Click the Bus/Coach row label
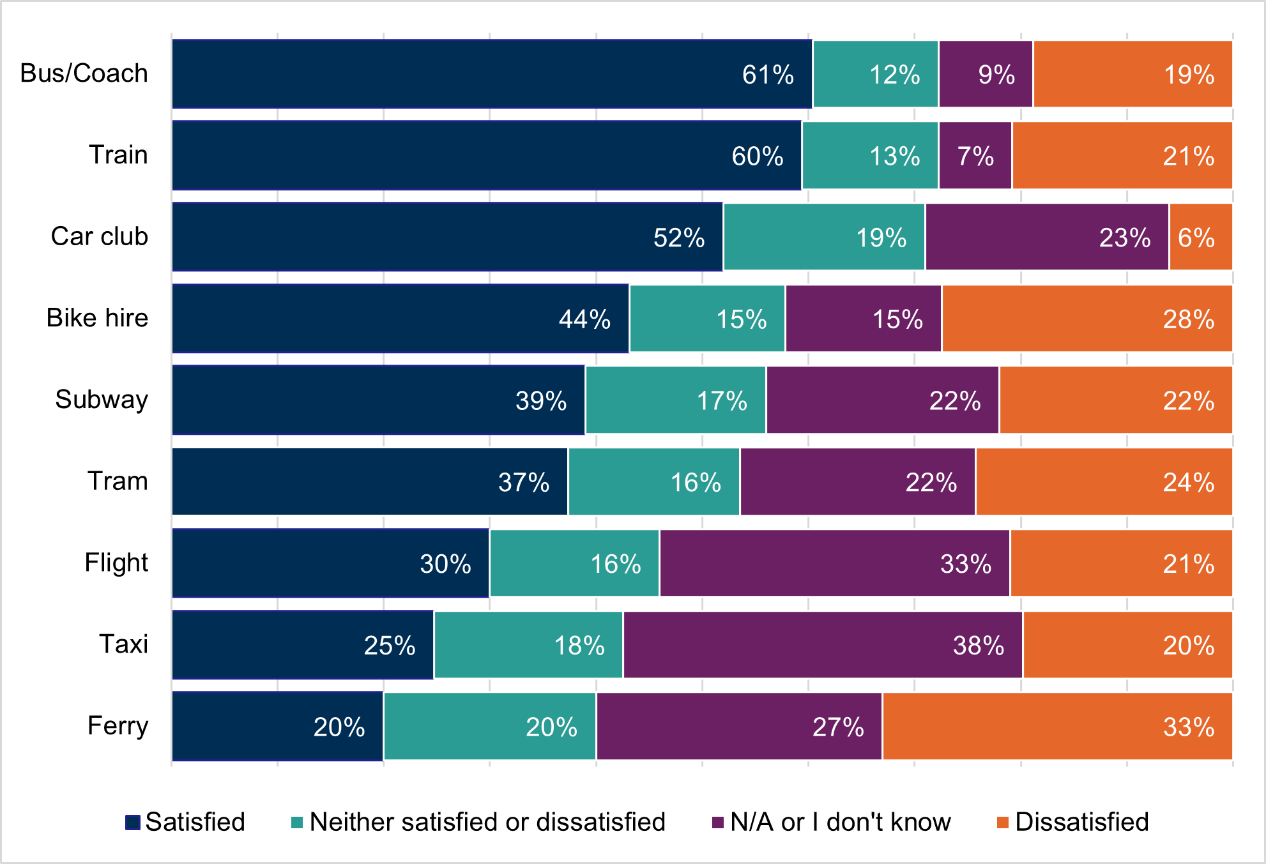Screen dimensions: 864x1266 click(x=84, y=73)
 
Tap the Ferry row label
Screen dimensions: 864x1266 click(x=118, y=726)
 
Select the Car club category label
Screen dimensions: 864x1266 click(x=99, y=236)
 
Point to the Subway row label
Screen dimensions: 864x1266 click(x=102, y=400)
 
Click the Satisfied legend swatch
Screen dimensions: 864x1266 click(x=133, y=822)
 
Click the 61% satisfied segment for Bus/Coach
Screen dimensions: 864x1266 click(x=492, y=74)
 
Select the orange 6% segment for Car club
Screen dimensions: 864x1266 click(x=1201, y=237)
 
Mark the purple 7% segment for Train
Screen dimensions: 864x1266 click(x=975, y=156)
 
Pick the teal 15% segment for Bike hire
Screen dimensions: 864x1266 click(x=707, y=319)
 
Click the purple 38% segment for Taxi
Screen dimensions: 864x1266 click(x=823, y=645)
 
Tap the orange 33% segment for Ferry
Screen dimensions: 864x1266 click(x=1057, y=727)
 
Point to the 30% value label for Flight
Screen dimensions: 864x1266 click(x=445, y=565)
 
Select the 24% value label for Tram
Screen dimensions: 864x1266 click(x=1188, y=483)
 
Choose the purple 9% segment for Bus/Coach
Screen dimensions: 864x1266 click(x=986, y=74)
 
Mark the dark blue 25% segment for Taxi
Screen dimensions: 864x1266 click(x=303, y=645)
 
